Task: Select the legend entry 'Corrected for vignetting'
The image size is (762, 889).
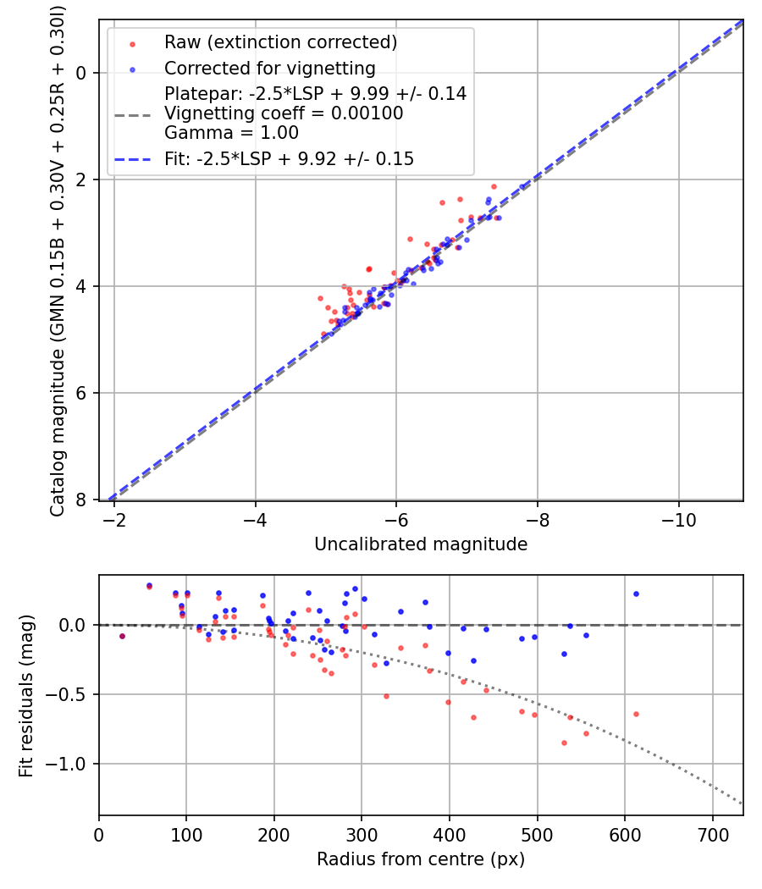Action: point(269,68)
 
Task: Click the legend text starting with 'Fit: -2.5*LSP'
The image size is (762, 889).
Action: point(289,159)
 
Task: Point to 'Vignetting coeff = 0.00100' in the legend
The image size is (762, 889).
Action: point(284,113)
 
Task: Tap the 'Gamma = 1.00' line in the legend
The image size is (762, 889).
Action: point(231,133)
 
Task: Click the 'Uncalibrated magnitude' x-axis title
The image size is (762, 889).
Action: point(421,544)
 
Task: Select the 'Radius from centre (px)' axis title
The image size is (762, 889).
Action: point(421,859)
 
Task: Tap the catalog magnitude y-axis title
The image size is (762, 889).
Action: point(57,259)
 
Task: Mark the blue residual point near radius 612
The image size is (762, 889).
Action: point(636,594)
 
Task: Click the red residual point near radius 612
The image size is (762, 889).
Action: point(636,714)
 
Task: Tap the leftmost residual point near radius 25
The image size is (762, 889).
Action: point(122,636)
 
